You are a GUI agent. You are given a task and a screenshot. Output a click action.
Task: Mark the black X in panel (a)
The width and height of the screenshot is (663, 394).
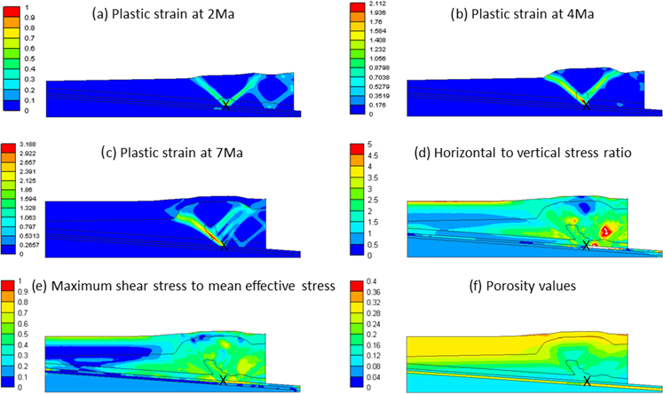pyautogui.click(x=225, y=105)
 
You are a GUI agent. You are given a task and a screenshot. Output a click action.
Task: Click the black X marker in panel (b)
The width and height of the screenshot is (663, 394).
pyautogui.click(x=585, y=105)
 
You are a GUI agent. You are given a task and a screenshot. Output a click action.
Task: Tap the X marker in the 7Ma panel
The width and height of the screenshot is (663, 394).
pyautogui.click(x=224, y=245)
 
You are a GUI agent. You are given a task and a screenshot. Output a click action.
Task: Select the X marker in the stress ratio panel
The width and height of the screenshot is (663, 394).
pyautogui.click(x=585, y=245)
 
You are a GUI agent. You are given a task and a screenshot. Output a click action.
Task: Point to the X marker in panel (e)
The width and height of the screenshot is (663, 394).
pyautogui.click(x=224, y=380)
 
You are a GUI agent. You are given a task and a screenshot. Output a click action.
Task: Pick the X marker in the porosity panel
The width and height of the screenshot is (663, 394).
pyautogui.click(x=585, y=380)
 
